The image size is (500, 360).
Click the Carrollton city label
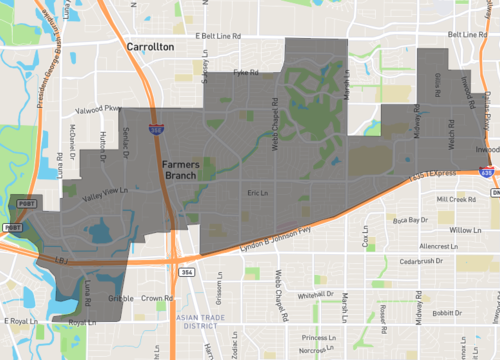(x=151, y=46)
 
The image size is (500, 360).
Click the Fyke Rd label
(x=246, y=72)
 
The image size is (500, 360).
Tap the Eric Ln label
(x=258, y=194)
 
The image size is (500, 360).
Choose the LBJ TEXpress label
(x=431, y=176)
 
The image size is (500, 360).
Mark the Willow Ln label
(x=466, y=230)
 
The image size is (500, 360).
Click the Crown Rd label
(x=157, y=297)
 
